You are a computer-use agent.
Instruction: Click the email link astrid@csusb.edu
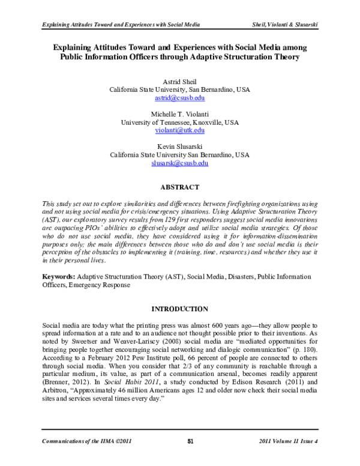pyautogui.click(x=179, y=98)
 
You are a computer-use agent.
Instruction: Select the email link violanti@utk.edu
pyautogui.click(x=179, y=130)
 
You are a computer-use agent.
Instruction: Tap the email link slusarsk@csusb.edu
pyautogui.click(x=179, y=163)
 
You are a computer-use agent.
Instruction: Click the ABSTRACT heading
pyautogui.click(x=179, y=187)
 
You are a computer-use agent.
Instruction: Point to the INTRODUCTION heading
pyautogui.click(x=179, y=309)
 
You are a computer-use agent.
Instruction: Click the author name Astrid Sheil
pyautogui.click(x=179, y=81)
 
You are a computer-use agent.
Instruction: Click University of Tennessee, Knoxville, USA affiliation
pyautogui.click(x=179, y=122)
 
